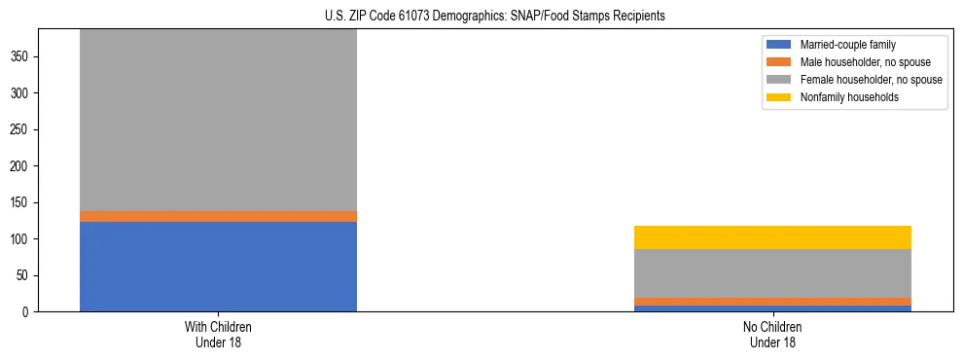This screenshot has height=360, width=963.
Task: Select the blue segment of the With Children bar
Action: (x=218, y=267)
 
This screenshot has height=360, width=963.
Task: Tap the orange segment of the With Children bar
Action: (x=218, y=216)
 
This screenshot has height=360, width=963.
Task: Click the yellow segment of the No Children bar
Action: (x=772, y=237)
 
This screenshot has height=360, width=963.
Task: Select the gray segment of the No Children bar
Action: (x=772, y=273)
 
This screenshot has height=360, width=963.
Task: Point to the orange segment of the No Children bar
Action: (x=772, y=302)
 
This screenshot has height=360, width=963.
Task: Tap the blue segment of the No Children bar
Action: (x=772, y=308)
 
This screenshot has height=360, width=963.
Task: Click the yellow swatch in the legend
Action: (x=780, y=97)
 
